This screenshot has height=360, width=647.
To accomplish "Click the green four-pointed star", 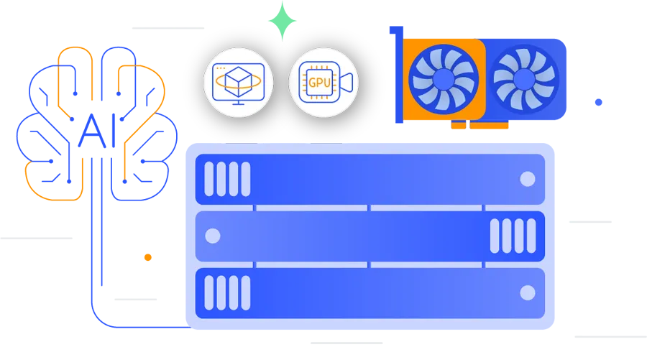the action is point(283,21).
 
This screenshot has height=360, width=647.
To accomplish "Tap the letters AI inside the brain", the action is point(97,131).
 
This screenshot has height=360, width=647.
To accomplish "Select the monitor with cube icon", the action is point(239,83).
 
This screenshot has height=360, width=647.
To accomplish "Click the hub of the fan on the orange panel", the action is point(444,79).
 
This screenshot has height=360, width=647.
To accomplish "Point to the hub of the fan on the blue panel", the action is point(524,79).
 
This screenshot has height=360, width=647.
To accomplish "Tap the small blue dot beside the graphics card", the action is point(598,102).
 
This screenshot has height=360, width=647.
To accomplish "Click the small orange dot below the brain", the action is point(147,257).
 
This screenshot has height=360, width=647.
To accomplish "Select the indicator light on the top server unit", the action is point(528,179).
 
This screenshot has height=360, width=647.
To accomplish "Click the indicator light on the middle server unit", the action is point(213,236).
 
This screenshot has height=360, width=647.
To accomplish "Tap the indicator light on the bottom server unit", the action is point(528,292).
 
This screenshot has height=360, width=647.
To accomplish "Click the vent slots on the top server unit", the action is point(227,179).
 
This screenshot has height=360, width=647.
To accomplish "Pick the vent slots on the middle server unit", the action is point(513,236).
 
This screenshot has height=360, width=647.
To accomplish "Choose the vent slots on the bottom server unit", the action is point(227,292).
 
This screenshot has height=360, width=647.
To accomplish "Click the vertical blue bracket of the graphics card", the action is point(398,74).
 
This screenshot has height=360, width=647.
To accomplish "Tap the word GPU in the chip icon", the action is point(320,83).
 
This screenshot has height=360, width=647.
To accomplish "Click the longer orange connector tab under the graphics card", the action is point(489,124).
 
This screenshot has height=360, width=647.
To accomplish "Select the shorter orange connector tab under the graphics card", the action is point(459,124).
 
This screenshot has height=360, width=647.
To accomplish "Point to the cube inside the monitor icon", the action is point(239,78).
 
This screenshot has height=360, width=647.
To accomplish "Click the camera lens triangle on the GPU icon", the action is point(347,83).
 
